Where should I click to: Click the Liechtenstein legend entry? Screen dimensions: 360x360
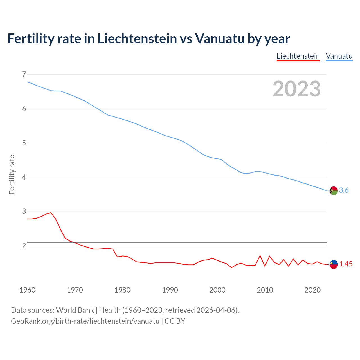point(298,56)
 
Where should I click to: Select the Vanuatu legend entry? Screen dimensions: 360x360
point(339,56)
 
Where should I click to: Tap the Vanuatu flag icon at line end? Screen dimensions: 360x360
point(334,191)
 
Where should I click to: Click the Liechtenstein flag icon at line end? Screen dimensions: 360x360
point(334,264)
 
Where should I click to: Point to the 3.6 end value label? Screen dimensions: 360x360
point(344,190)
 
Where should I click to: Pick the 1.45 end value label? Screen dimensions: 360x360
point(346,264)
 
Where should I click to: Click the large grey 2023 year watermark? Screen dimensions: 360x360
point(296,89)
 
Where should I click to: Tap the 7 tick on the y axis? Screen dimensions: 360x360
point(24,75)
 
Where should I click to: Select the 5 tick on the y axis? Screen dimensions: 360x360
point(24,143)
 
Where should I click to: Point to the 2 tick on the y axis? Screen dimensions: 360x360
point(24,246)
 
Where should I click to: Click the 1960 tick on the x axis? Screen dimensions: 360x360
point(27,290)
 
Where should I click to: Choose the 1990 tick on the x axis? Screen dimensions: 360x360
point(170,290)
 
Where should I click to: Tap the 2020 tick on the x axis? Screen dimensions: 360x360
point(312,290)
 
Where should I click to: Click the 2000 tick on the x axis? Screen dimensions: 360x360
point(217,290)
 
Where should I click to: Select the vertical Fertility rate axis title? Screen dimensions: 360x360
point(12,174)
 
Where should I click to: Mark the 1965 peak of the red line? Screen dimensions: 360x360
point(51,213)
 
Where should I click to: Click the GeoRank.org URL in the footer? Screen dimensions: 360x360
point(85,321)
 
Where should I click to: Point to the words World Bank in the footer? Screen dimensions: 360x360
point(75,310)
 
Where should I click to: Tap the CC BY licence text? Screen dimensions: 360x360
point(175,321)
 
